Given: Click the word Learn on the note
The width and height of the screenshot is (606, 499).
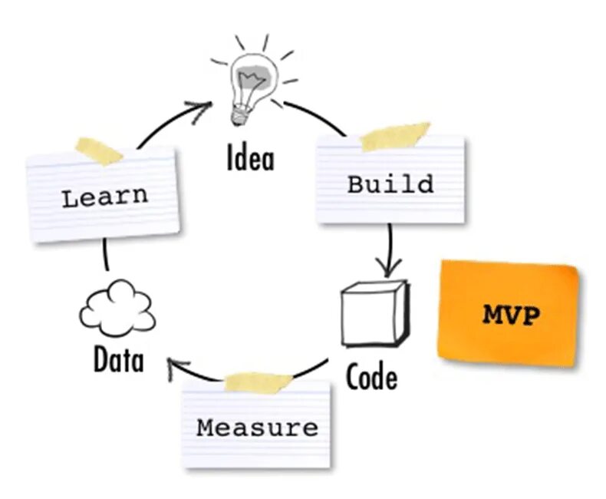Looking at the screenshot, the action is tap(105, 197).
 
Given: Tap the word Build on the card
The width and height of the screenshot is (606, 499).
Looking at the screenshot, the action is tap(390, 184).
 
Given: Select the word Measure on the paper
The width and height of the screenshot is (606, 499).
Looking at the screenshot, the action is tap(257, 427).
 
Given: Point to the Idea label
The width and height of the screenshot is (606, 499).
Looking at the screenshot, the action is tap(250, 158).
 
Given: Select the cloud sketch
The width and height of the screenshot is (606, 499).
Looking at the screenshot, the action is tap(117, 310).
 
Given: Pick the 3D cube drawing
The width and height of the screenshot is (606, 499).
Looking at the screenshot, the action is tap(374, 313).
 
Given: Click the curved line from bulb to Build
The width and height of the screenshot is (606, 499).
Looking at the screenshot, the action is tap(315, 115).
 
